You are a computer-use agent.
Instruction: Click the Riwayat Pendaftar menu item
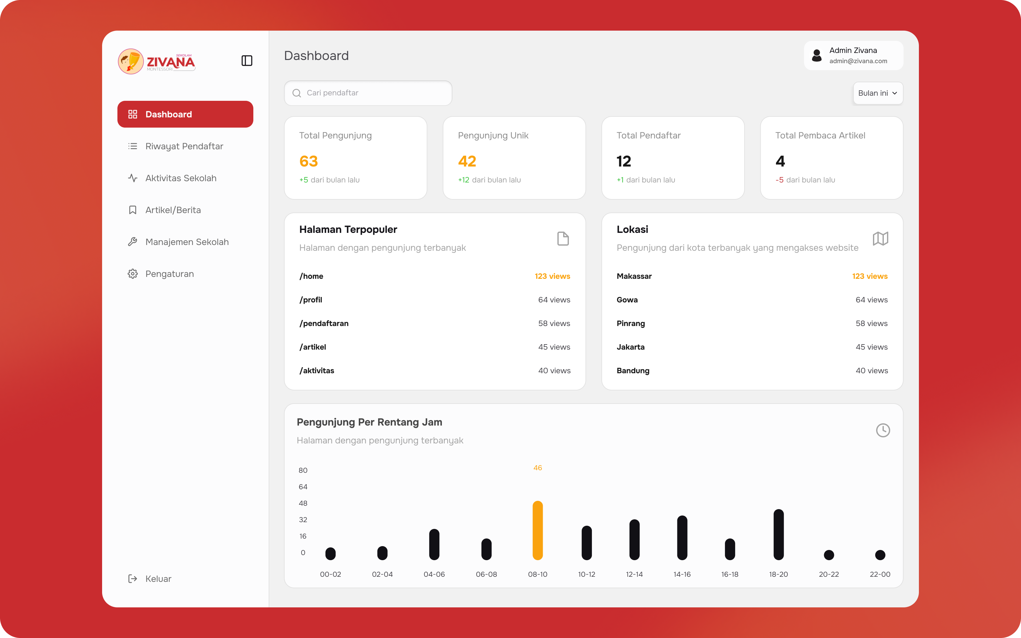click(175, 146)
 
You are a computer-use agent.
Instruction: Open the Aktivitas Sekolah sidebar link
click(172, 178)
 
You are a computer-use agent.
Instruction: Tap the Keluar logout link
click(150, 578)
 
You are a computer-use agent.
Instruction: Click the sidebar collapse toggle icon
click(247, 61)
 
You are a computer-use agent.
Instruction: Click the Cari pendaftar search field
click(368, 93)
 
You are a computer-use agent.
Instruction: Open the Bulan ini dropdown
click(877, 93)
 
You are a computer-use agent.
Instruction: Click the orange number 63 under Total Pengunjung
click(309, 161)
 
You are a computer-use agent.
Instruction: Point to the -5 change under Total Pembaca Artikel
click(779, 180)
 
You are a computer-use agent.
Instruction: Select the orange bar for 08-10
click(538, 530)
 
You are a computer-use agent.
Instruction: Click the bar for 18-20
click(779, 535)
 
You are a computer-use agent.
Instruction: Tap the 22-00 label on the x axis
click(880, 574)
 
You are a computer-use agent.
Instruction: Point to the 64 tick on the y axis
click(303, 486)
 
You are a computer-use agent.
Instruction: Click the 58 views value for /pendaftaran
click(554, 323)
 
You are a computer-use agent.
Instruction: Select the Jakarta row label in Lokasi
click(630, 347)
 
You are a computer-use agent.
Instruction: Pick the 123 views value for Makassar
click(869, 276)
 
